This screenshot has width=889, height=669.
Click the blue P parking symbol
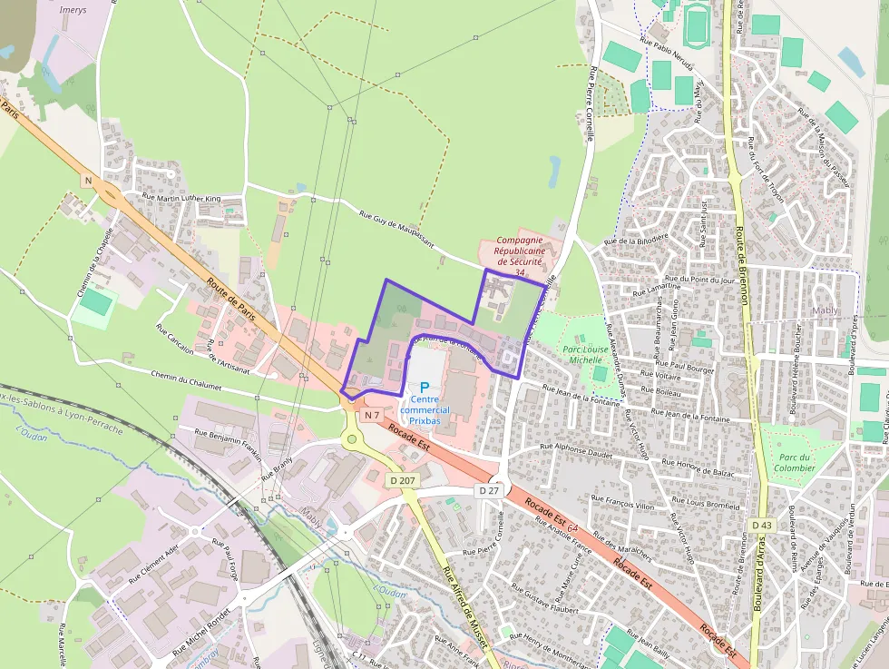coord(424,387)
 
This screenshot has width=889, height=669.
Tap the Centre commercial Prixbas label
coord(424,410)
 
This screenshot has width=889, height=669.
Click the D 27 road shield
coord(488,490)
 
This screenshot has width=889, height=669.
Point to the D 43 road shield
coord(761,526)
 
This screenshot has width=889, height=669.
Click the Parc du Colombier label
coord(794,463)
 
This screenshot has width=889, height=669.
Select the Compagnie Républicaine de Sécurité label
coord(519,251)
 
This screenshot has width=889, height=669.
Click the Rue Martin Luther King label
coord(181,197)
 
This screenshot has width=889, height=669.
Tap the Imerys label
coord(72,10)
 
